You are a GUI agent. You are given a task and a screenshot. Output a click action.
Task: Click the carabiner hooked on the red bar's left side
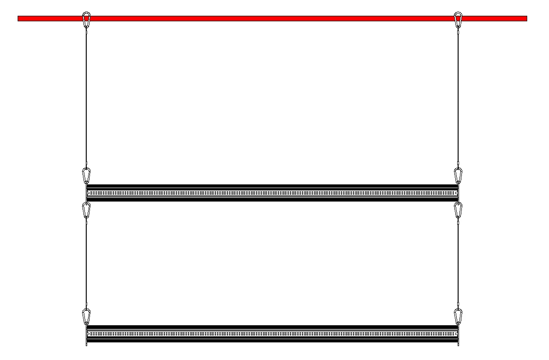[86, 20]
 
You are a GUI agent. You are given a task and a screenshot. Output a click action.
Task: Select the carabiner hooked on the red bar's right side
[458, 20]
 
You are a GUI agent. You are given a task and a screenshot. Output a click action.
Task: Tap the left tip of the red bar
[19, 19]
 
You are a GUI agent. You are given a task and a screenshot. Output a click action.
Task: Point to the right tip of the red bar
[526, 19]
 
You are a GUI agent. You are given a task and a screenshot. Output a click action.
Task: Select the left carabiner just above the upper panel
[86, 176]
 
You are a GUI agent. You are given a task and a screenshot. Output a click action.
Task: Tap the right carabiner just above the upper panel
[458, 176]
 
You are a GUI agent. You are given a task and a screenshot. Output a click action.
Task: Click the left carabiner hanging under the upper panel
[86, 210]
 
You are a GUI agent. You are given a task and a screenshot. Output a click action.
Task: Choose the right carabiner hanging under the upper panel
[458, 210]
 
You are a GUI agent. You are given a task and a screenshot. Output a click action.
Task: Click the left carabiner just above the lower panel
[86, 317]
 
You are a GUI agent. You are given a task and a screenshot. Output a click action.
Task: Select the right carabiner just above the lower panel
[458, 317]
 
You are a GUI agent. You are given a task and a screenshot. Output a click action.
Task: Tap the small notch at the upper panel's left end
[88, 193]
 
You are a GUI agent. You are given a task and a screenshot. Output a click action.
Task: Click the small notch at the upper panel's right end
[456, 193]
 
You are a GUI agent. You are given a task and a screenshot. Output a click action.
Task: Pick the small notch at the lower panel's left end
[88, 334]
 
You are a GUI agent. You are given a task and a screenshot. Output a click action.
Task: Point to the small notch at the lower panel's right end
[456, 334]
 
